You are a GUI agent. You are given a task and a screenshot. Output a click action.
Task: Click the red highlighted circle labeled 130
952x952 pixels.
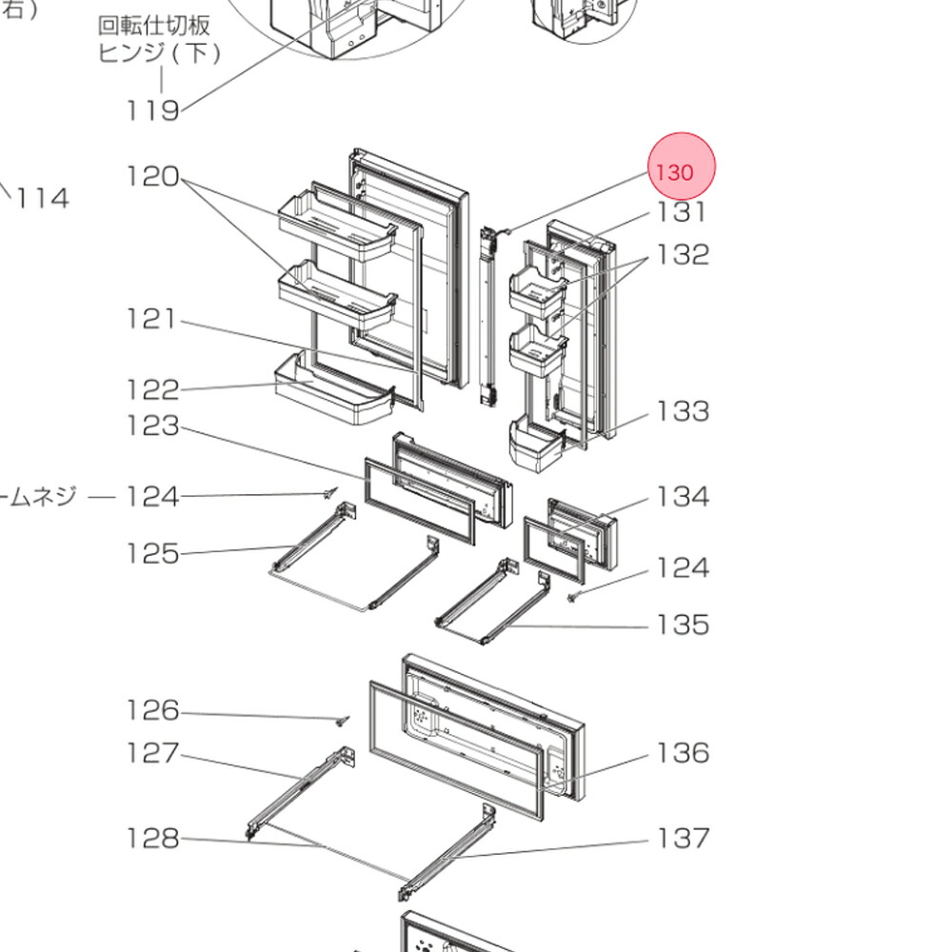click(x=681, y=168)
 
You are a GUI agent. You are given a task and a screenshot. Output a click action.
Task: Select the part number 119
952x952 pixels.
click(x=152, y=110)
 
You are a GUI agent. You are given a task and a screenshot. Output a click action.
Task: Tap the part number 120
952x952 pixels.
click(x=152, y=176)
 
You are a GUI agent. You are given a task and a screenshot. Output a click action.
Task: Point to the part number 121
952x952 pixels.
click(x=152, y=319)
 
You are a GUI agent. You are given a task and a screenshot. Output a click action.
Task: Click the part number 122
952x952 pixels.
click(x=152, y=389)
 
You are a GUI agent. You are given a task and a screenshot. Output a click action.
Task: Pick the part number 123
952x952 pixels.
click(x=152, y=426)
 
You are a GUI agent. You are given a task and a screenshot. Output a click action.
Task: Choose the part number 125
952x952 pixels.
click(x=152, y=553)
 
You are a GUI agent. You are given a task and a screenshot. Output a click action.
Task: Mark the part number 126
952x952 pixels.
click(x=152, y=710)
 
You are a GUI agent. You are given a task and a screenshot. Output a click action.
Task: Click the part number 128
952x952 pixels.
click(x=152, y=838)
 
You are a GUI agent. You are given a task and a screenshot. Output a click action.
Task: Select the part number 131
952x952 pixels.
click(x=683, y=212)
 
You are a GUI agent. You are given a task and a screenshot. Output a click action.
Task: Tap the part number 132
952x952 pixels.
click(x=683, y=255)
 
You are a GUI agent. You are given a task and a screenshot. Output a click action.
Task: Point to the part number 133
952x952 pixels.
click(x=683, y=411)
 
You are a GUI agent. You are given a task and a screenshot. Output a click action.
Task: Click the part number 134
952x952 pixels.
click(x=683, y=496)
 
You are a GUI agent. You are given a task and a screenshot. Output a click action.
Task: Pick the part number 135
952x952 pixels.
click(x=683, y=625)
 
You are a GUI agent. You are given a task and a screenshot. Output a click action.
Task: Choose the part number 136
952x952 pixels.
click(x=683, y=753)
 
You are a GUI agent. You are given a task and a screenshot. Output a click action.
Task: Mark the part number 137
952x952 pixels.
click(x=683, y=838)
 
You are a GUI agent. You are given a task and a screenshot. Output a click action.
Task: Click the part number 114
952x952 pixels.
click(x=43, y=198)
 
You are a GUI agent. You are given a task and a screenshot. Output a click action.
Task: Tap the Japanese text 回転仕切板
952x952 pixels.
click(x=154, y=26)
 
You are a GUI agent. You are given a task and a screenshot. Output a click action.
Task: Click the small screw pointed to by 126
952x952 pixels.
click(x=345, y=721)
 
